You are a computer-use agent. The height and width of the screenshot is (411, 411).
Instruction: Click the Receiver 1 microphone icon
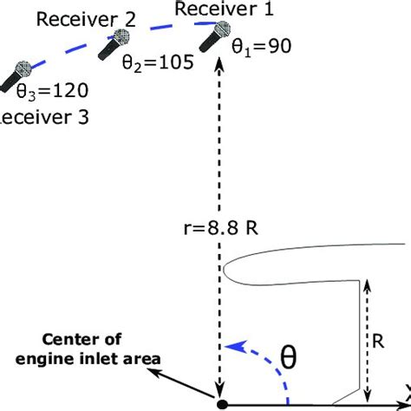pyautogui.click(x=213, y=39)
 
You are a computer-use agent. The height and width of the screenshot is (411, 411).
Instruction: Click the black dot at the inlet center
pyautogui.click(x=223, y=404)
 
